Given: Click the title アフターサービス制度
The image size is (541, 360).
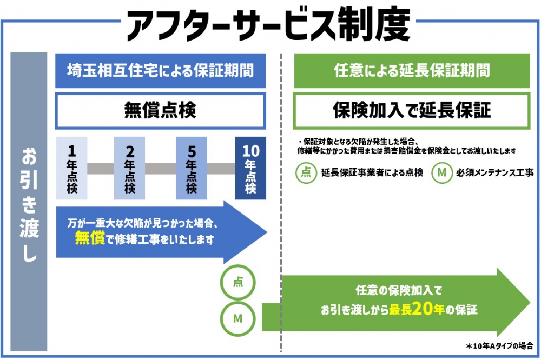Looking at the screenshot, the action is pos(269,25).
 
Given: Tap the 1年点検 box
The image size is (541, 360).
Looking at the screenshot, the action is pos(72,168).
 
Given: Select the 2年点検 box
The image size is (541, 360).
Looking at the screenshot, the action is pos(129,168).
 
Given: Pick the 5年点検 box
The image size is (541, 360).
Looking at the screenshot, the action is pos(192,168).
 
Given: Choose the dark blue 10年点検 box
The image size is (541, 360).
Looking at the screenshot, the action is pos(250,168).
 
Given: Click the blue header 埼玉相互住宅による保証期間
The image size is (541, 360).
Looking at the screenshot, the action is pos(161,71).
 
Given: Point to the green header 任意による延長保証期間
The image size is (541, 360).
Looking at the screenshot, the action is pos(412,71).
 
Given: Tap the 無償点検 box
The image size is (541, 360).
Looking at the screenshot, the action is pos(161,110).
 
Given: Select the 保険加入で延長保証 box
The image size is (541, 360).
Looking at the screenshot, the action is pos(412,110).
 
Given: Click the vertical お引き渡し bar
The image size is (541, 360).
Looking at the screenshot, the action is pos(29,202).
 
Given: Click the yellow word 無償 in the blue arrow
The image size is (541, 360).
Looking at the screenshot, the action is pos(90,238).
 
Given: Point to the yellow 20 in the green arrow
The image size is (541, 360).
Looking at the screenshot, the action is pos(423,309).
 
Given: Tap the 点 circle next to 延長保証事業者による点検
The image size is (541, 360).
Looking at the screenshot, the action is pos(306,172).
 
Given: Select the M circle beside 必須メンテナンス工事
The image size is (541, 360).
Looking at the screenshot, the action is pos(442,172).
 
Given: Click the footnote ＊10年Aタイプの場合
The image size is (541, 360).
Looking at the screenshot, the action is pos(499,345).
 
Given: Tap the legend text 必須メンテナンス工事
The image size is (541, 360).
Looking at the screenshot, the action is pos(495,172).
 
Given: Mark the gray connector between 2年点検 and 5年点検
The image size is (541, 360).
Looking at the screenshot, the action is pos(161,169).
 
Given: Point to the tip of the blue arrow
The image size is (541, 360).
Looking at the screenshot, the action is pos(267,232).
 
